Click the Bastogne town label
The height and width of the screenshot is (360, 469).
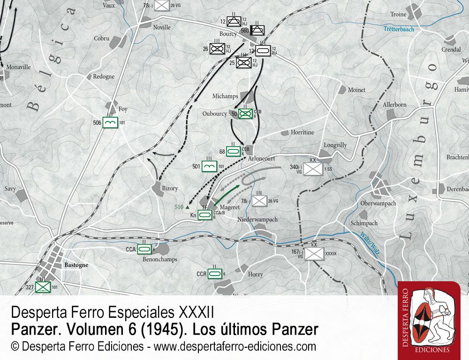coord(76,265)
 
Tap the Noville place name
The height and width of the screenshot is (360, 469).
coord(162,28)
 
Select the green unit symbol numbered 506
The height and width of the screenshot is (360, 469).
coord(110,123)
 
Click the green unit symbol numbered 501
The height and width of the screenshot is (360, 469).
coord(209,165)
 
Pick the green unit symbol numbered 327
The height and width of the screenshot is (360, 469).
coord(43,286)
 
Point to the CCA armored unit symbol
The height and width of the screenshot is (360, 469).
coord(145,250)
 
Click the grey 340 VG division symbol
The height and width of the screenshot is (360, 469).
coord(311,168)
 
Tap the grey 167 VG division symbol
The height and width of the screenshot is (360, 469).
coord(314,254)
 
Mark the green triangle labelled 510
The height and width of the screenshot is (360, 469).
coord(188,207)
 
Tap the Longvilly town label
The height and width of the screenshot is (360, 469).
coord(335,145)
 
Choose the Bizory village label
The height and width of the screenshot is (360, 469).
coord(169,188)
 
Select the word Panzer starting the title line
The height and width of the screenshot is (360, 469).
coord(32,330)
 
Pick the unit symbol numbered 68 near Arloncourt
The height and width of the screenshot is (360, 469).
coord(234,151)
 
